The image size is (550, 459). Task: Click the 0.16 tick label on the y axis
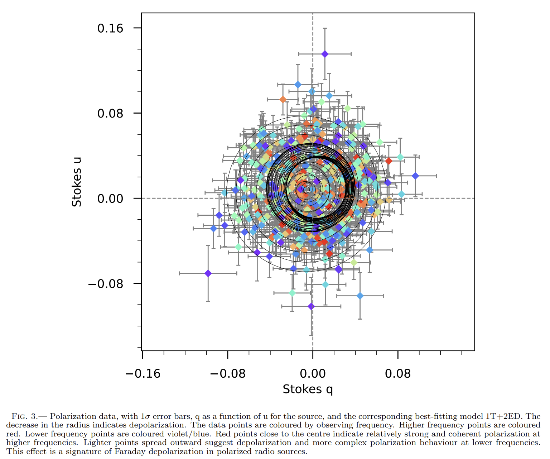pos(110,28)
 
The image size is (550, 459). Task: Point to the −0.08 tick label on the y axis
pos(105,284)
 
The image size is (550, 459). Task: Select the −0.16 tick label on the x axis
pos(143,374)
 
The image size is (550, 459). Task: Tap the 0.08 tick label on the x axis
pos(398,374)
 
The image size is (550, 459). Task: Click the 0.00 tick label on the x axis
pos(313,374)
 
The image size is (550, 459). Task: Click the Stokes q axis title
pos(308,389)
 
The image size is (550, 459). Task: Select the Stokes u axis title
pos(77,182)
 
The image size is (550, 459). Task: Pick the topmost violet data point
pos(325,54)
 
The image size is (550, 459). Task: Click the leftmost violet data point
pos(208,273)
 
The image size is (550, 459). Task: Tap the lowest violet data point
pos(311,306)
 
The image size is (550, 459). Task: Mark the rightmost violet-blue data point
pos(415,176)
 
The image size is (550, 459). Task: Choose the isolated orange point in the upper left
pos(283,100)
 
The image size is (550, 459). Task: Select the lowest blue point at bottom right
pos(360,296)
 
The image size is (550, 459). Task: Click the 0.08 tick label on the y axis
pos(110,114)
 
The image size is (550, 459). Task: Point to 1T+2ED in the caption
pos(505,417)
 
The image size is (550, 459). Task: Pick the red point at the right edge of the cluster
pos(389,161)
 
